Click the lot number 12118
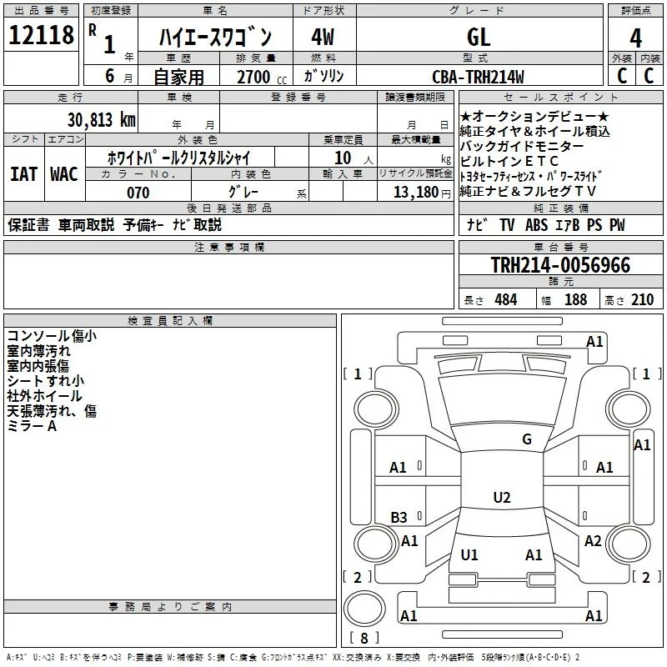(41, 35)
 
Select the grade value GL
(479, 37)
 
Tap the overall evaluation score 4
(635, 38)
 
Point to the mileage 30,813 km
(101, 120)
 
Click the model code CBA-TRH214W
(478, 77)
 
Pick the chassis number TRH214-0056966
(560, 265)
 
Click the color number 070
(138, 193)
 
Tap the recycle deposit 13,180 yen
(422, 193)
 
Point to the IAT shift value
(23, 174)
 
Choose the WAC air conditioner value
(64, 174)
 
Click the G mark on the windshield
(527, 439)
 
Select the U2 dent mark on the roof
(502, 497)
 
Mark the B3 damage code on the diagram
(399, 517)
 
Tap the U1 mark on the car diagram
(469, 554)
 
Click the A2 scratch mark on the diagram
(593, 540)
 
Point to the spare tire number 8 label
(364, 638)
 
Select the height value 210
(642, 299)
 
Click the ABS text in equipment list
(536, 224)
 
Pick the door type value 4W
(323, 37)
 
